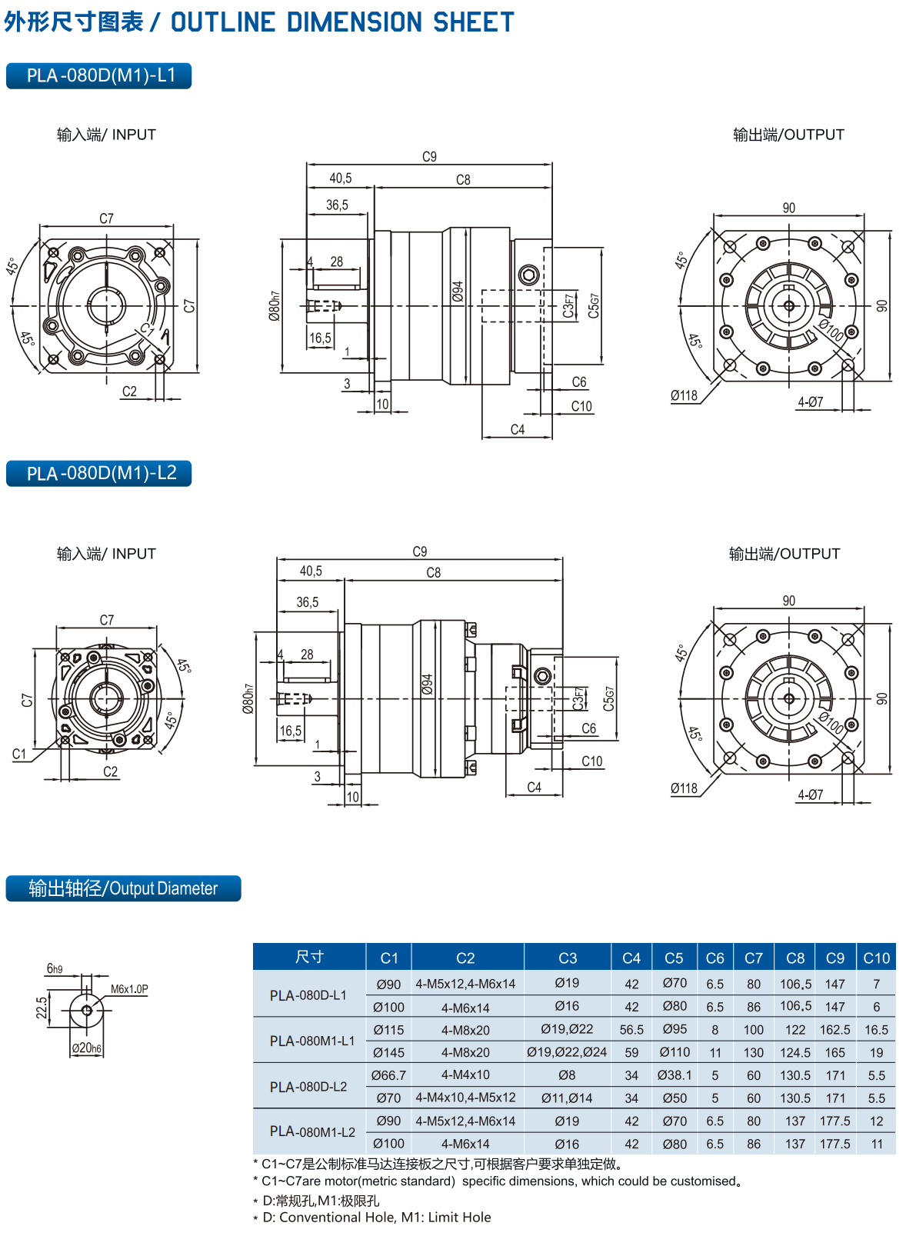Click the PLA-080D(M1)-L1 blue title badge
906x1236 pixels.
point(98,75)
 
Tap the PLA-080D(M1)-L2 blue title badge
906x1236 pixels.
point(98,474)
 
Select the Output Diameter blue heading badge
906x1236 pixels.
point(123,888)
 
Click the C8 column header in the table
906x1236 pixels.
point(794,958)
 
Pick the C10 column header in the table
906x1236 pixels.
point(876,958)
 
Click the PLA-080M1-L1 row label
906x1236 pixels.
point(311,1041)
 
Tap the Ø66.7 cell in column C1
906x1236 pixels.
point(388,1075)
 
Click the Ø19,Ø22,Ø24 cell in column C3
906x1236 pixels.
point(567,1052)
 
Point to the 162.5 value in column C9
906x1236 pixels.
point(834,1030)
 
